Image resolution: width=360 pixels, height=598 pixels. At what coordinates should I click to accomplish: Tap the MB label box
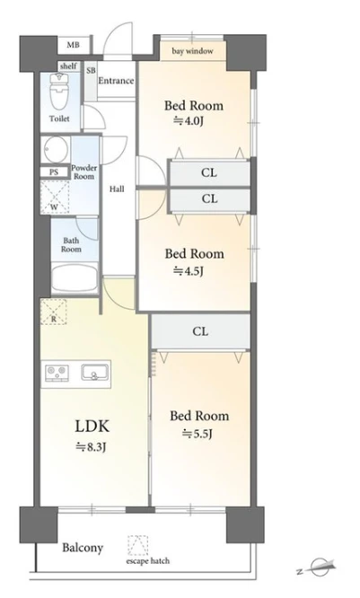[x=74, y=45]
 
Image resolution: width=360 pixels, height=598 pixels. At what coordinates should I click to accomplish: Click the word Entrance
[x=116, y=81]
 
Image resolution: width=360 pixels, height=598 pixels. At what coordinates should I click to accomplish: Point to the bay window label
[x=192, y=50]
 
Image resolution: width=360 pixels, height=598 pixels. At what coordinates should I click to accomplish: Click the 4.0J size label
[x=188, y=121]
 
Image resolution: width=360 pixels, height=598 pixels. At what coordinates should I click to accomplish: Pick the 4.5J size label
[x=189, y=271]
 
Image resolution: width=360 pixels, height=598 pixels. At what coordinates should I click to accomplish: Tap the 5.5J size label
[x=198, y=434]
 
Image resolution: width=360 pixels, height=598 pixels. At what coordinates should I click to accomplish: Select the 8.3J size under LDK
[x=91, y=446]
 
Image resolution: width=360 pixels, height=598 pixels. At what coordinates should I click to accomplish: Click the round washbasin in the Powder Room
[x=56, y=149]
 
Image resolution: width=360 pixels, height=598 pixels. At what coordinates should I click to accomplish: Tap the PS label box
[x=54, y=172]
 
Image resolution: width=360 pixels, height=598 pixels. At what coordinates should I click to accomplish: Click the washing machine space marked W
[x=55, y=198]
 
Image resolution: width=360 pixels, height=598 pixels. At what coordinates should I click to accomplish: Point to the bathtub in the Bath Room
[x=75, y=277]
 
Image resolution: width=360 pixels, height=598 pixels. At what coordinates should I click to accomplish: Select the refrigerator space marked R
[x=53, y=312]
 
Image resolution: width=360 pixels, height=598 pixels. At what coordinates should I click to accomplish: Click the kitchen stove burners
[x=57, y=373]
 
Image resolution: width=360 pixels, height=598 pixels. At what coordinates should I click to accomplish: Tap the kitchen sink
[x=94, y=373]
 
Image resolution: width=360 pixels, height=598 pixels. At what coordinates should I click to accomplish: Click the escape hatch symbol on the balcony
[x=137, y=545]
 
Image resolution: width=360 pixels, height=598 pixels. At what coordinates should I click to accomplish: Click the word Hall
[x=117, y=189]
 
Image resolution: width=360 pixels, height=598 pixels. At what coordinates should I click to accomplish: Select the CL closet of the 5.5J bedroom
[x=200, y=331]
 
